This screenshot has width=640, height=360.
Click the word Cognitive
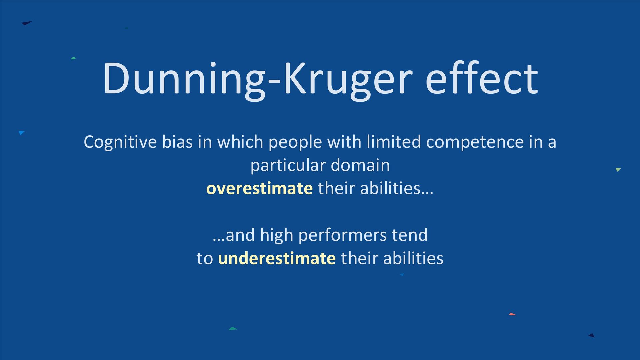[x=120, y=142]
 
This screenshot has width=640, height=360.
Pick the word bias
[x=177, y=142]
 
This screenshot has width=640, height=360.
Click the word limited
[x=394, y=142]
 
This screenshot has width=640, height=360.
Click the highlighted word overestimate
[x=259, y=189]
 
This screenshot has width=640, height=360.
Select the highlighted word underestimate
[x=277, y=258]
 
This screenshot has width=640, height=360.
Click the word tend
[x=409, y=235]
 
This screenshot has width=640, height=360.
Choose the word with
[x=344, y=142]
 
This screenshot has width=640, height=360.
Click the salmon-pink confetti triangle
[x=512, y=314]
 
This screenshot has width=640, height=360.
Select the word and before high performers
[x=240, y=235]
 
